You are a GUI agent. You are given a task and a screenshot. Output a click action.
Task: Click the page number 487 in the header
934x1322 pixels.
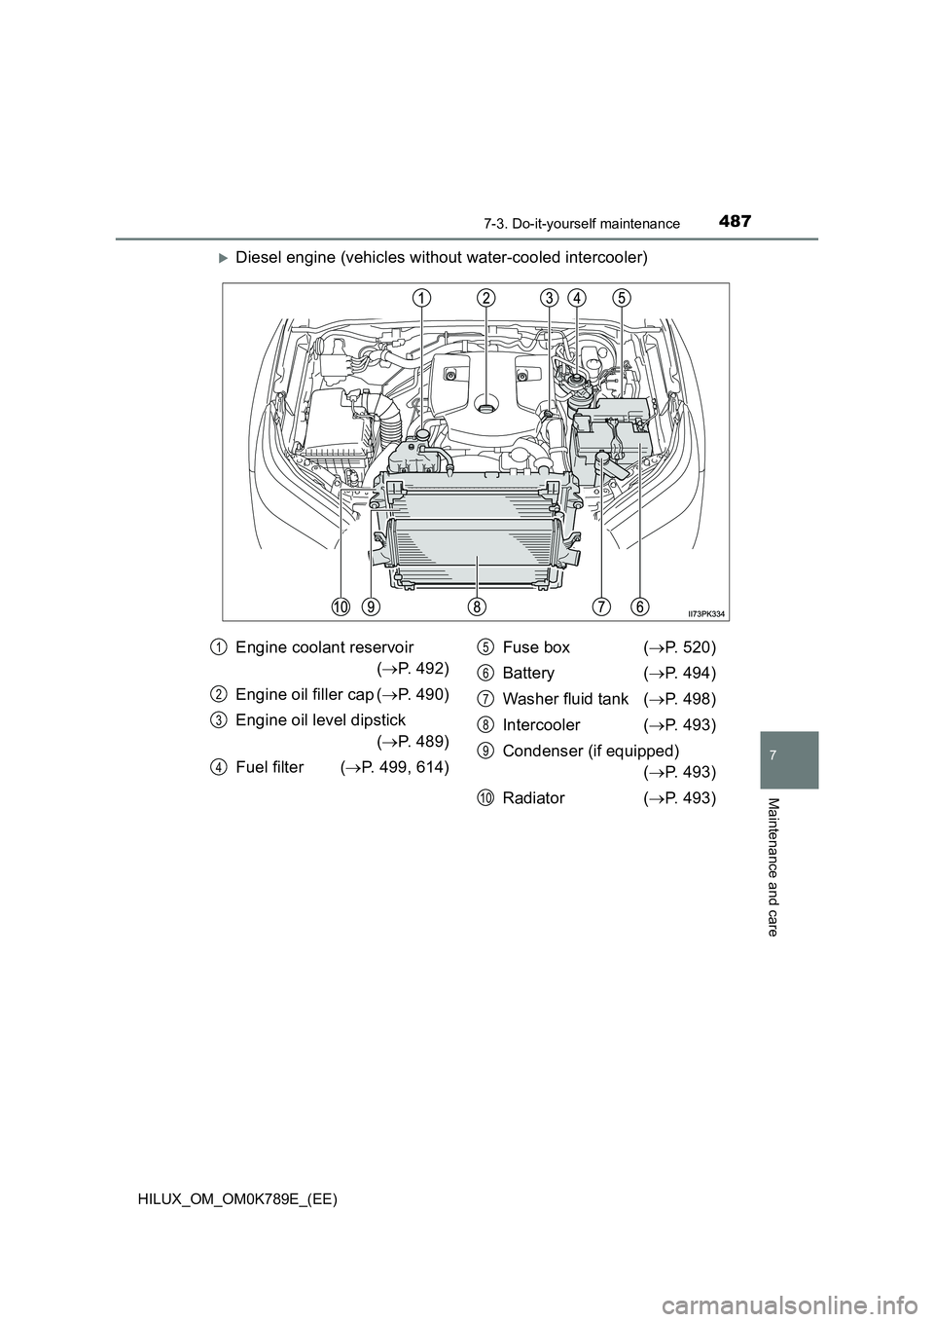[x=736, y=222]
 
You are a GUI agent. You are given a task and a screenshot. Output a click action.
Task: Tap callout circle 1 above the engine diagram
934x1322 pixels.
[x=420, y=298]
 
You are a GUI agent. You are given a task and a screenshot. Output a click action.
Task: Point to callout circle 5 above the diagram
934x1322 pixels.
[x=621, y=298]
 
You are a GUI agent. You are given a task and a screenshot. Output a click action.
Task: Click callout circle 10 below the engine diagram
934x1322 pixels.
[x=341, y=606]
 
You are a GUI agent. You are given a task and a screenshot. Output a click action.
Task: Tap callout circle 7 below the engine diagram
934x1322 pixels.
[x=601, y=606]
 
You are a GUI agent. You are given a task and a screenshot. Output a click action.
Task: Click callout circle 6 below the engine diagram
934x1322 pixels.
[x=640, y=606]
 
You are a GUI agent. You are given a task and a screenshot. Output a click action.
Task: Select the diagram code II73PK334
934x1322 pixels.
[x=705, y=613]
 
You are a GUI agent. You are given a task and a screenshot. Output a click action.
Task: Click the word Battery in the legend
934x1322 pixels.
[x=528, y=674]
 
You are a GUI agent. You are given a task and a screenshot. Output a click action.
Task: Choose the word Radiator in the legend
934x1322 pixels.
[x=533, y=798]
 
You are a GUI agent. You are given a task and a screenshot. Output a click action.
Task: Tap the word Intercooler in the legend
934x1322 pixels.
[x=541, y=724]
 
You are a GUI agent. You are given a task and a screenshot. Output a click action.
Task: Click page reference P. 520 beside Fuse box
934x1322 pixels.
[x=679, y=648]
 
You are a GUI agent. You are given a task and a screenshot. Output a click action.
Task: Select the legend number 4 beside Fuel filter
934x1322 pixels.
[x=219, y=767]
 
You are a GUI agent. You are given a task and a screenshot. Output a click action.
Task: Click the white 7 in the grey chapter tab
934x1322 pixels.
[x=789, y=755]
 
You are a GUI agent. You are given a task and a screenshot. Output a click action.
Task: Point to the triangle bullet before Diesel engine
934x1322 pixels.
[x=223, y=258]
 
